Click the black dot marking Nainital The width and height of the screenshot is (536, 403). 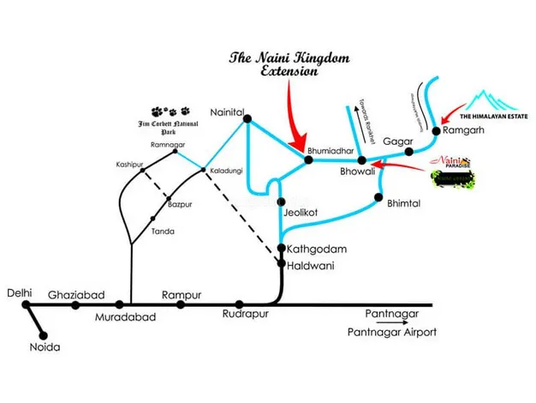click(247, 117)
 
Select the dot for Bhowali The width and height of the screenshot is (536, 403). click(362, 160)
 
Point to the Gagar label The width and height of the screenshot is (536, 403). click(397, 140)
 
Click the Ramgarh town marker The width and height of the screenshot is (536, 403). click(436, 131)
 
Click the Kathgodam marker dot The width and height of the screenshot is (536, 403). click(281, 249)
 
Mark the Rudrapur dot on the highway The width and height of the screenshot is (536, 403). click(239, 304)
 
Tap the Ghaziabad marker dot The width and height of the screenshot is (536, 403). click(76, 304)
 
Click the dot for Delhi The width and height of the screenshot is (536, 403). click(27, 304)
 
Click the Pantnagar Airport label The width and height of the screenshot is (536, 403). click(392, 333)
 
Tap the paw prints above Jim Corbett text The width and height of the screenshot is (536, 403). click(170, 111)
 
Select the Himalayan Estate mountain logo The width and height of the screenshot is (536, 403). click(489, 100)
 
